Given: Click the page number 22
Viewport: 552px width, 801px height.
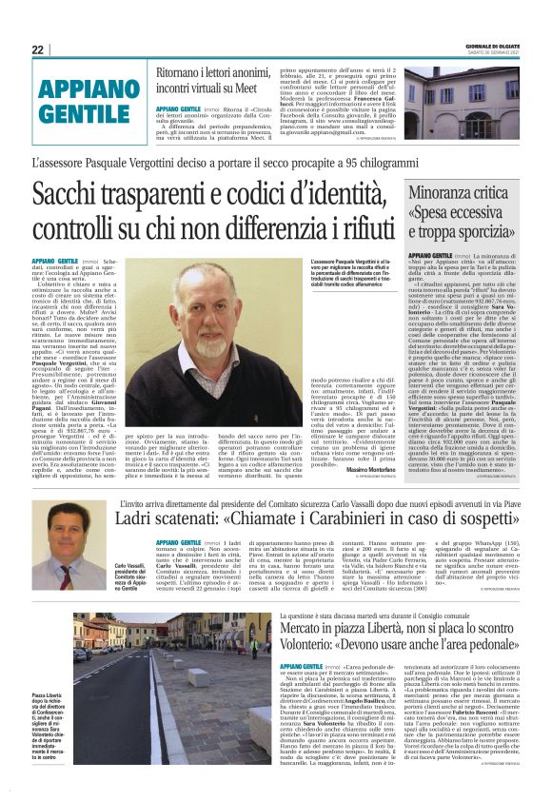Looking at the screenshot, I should (37, 49).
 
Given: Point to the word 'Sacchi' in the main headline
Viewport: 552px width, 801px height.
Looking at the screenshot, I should (69, 194).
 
